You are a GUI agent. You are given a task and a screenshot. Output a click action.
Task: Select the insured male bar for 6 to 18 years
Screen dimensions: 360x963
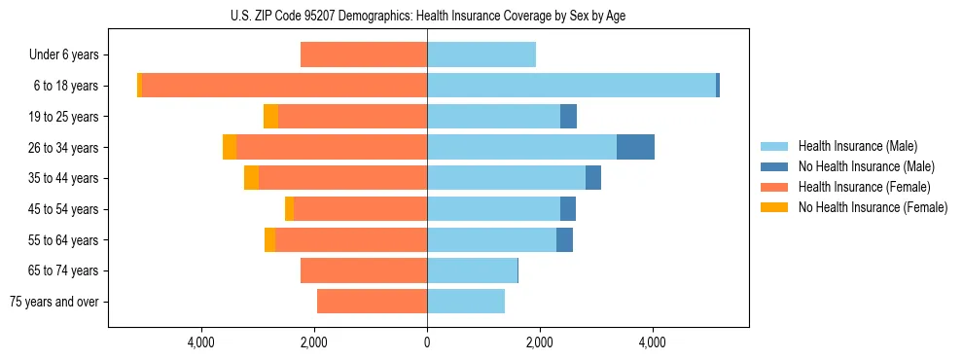coord(571,86)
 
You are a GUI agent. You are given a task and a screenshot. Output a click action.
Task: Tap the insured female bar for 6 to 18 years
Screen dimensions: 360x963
coord(284,86)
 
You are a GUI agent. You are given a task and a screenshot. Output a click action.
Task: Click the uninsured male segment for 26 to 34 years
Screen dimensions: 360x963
coord(635,147)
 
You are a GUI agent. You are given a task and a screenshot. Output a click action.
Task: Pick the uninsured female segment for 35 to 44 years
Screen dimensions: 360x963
coord(251,178)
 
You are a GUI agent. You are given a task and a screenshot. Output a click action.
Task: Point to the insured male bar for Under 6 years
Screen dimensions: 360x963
coord(481,54)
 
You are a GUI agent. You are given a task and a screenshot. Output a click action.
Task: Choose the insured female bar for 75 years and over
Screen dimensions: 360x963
coord(372,302)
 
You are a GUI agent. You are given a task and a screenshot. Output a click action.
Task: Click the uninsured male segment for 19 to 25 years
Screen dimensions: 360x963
coord(568,117)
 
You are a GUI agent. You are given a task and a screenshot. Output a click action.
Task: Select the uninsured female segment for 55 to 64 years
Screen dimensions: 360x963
coord(269,240)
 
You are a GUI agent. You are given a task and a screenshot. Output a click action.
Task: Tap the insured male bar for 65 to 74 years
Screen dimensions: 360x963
coord(472,270)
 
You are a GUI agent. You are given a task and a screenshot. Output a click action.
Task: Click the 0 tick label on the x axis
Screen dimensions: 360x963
coord(427,342)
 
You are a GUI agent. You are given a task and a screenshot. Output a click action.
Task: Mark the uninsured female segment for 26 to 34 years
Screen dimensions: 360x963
coord(230,147)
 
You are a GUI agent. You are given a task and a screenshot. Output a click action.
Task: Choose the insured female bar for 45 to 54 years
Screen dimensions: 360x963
coord(360,209)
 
